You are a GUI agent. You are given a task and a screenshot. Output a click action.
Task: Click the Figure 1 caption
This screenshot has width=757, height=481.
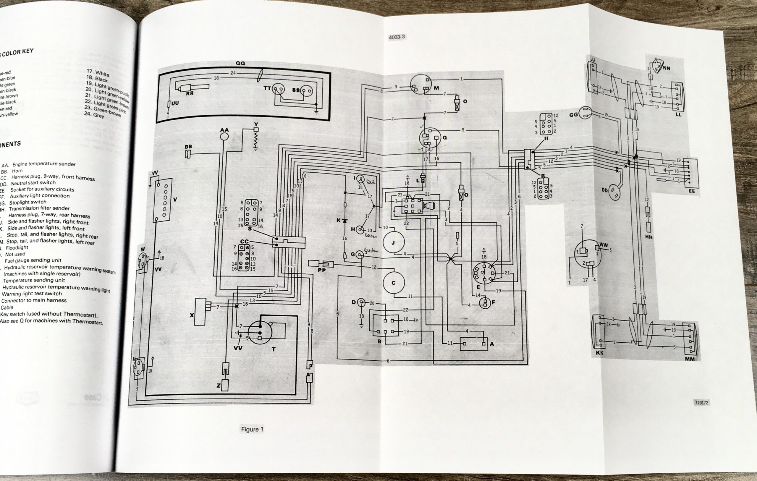point(252,429)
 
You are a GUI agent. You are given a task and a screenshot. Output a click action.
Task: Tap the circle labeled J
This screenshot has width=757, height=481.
point(393,242)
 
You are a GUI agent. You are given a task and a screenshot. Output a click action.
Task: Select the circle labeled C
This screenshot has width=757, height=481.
point(393,283)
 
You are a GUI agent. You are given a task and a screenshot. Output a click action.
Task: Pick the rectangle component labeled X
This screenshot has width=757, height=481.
point(200,312)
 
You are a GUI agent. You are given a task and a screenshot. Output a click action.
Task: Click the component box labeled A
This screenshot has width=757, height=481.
point(474,344)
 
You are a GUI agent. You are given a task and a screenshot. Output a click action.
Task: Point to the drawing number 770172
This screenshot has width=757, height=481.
point(701,402)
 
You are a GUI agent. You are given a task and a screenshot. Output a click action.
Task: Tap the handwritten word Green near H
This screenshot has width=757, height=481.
point(371,235)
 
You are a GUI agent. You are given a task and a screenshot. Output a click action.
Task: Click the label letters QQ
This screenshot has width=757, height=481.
point(240,63)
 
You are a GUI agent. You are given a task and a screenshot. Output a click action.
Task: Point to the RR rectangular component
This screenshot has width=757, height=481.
point(193,88)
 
